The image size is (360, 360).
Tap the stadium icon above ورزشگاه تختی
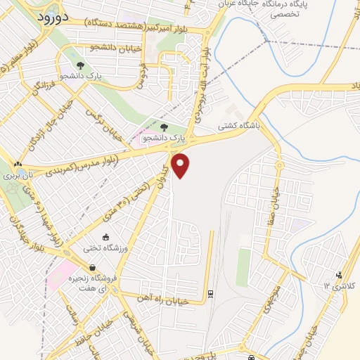[105, 237]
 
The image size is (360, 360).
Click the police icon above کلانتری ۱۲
[340, 274]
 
